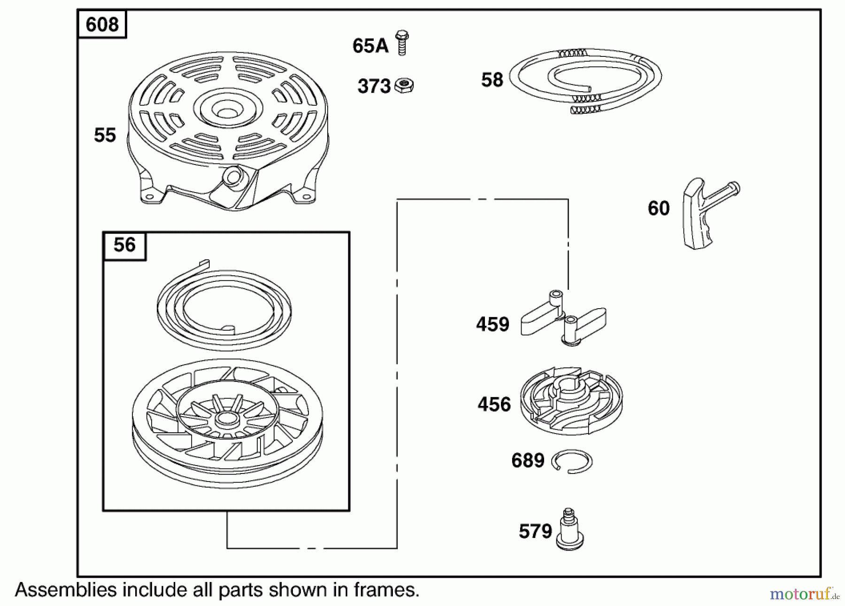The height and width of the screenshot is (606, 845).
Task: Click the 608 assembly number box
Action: pyautogui.click(x=102, y=24)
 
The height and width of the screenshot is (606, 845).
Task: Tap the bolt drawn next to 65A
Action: pyautogui.click(x=402, y=43)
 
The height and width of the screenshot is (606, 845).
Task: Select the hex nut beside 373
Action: pyautogui.click(x=404, y=85)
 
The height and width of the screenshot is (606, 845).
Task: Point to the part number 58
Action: pyautogui.click(x=492, y=80)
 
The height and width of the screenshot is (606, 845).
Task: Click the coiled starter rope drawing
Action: pyautogui.click(x=587, y=80)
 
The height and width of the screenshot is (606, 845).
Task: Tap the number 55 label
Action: pyautogui.click(x=105, y=135)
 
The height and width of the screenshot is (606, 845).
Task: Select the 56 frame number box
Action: pyautogui.click(x=124, y=245)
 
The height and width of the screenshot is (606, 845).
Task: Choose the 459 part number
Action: pyautogui.click(x=492, y=325)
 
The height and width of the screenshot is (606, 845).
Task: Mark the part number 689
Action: pyautogui.click(x=528, y=461)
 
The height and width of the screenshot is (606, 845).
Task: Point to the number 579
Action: pyautogui.click(x=535, y=531)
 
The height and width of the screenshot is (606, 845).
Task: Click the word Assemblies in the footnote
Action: pyautogui.click(x=66, y=590)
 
